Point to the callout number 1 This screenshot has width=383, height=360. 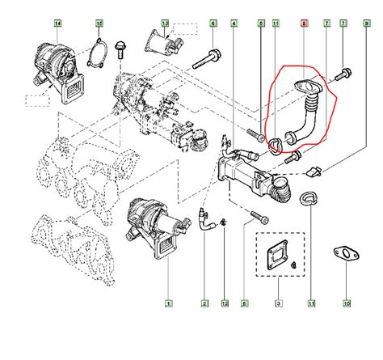(x=169, y=304)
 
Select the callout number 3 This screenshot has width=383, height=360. (x=279, y=304)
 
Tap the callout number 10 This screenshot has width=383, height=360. (x=346, y=304)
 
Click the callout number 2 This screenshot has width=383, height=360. (x=205, y=304)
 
